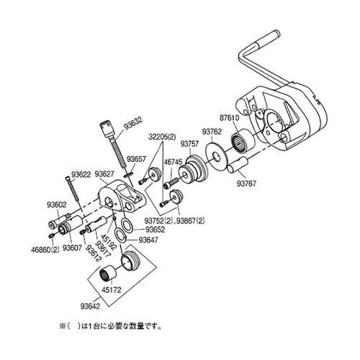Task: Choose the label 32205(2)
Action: [x=163, y=135]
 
